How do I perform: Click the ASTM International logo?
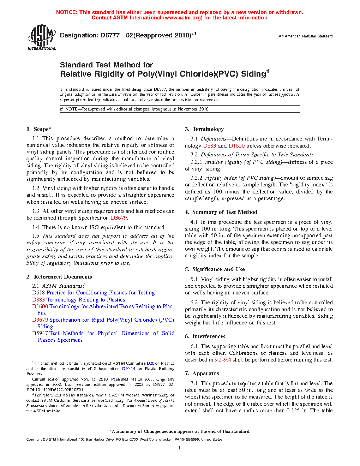[x=42, y=37]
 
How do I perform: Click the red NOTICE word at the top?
[x=67, y=12]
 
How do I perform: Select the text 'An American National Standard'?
[x=306, y=36]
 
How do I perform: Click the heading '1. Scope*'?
[x=39, y=129]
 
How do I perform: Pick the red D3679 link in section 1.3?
[x=119, y=218]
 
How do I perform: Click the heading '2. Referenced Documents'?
[x=59, y=277]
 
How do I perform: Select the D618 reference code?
[x=38, y=293]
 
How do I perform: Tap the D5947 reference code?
[x=40, y=333]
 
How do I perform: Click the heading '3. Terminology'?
[x=204, y=129]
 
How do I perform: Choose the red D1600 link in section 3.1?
[x=236, y=145]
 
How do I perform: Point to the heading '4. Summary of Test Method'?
[x=221, y=212]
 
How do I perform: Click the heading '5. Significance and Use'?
[x=215, y=269]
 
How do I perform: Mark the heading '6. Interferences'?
[x=205, y=336]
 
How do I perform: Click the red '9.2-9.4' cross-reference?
[x=223, y=360]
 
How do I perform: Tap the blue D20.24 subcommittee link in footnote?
[x=128, y=369]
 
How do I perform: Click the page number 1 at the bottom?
[x=180, y=448]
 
